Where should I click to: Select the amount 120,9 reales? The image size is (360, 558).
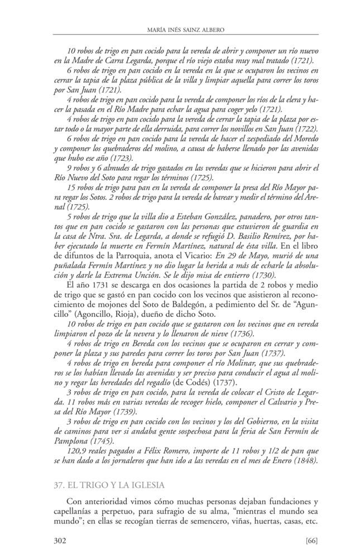coord(87,451)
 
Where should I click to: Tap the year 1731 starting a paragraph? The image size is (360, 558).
coord(91,286)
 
